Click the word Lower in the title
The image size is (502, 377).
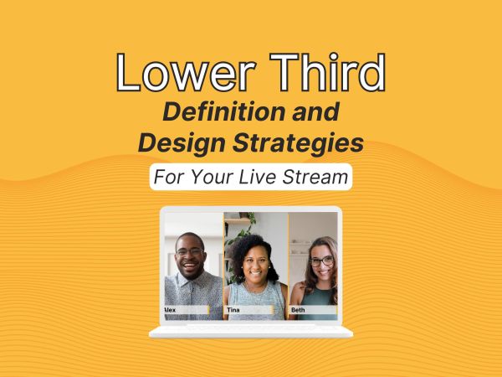(186, 72)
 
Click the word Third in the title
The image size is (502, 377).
(327, 72)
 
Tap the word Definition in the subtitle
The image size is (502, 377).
(224, 111)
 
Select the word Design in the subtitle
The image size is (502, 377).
(182, 143)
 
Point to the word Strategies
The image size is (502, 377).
(298, 142)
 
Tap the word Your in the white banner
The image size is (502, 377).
(212, 178)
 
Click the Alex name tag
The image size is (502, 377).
(187, 310)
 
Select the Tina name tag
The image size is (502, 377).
(249, 310)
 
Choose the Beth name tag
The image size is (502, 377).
(313, 310)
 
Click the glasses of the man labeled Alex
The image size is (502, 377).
(190, 251)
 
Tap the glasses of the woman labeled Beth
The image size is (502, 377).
(321, 261)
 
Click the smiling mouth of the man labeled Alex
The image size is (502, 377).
(190, 266)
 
